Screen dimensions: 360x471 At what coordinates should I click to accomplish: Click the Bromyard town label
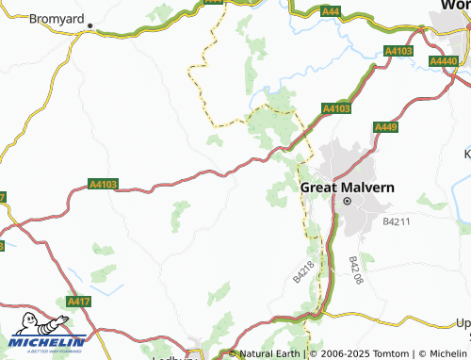coord(57,18)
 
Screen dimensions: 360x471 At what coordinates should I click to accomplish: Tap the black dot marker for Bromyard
coord(92,28)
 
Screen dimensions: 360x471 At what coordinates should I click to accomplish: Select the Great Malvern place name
coord(347,187)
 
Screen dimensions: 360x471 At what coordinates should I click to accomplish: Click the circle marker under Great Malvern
coord(347,202)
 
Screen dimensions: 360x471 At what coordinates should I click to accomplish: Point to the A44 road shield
coord(331,10)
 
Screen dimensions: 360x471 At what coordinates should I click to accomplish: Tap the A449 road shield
coord(385,127)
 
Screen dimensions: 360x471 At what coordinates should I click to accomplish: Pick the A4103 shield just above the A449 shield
coord(336,109)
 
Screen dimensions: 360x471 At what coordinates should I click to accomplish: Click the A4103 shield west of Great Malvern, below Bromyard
coord(104,185)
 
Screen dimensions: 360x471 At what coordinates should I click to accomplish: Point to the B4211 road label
coord(398,222)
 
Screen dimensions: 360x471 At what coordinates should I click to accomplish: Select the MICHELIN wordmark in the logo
coord(48,342)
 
